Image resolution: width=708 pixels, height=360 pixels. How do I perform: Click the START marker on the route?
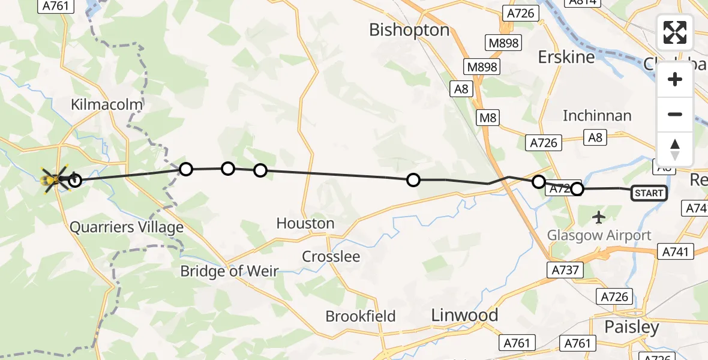[x=649, y=193]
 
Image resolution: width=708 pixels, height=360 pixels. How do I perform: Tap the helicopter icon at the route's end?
[x=54, y=179]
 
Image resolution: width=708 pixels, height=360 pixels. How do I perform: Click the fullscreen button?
[x=675, y=32]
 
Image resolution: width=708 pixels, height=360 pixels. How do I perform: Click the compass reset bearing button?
[x=675, y=149]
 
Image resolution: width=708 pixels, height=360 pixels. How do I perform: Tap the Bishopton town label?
[x=409, y=30]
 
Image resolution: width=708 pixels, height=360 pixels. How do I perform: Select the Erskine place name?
[x=566, y=57]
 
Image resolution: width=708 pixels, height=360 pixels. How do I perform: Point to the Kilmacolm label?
[x=107, y=104]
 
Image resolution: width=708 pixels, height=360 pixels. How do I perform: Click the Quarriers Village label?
[x=126, y=227]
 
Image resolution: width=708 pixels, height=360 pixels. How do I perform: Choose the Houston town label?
[x=305, y=224]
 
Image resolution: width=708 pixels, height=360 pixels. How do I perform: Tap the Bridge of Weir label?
[x=229, y=271]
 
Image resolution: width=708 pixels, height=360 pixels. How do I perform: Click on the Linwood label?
[x=465, y=315]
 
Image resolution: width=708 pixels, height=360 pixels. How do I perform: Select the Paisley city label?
[x=632, y=328]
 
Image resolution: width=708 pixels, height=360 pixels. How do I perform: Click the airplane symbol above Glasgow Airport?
[x=599, y=217]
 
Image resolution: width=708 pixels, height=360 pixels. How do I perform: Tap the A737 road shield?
[x=565, y=270]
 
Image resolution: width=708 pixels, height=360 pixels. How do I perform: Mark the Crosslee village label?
[x=331, y=257]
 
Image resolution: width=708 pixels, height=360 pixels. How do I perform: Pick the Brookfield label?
[x=361, y=316]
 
